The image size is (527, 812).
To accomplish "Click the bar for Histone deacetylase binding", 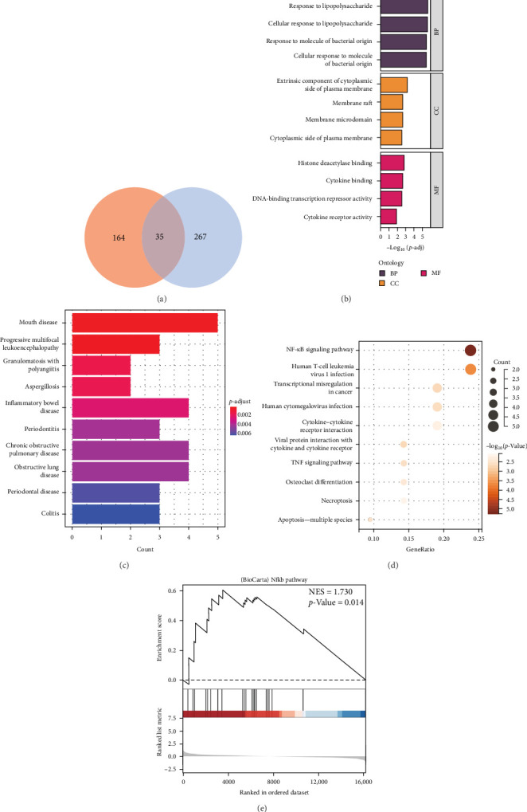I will tap(392, 163).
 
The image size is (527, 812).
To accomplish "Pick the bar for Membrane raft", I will tap(392, 102).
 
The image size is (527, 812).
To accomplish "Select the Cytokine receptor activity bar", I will tap(388, 216).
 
